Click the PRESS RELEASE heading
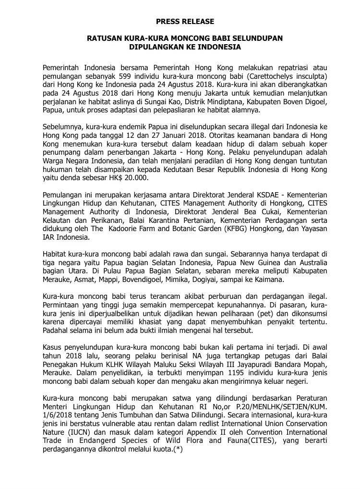click(x=185, y=22)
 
